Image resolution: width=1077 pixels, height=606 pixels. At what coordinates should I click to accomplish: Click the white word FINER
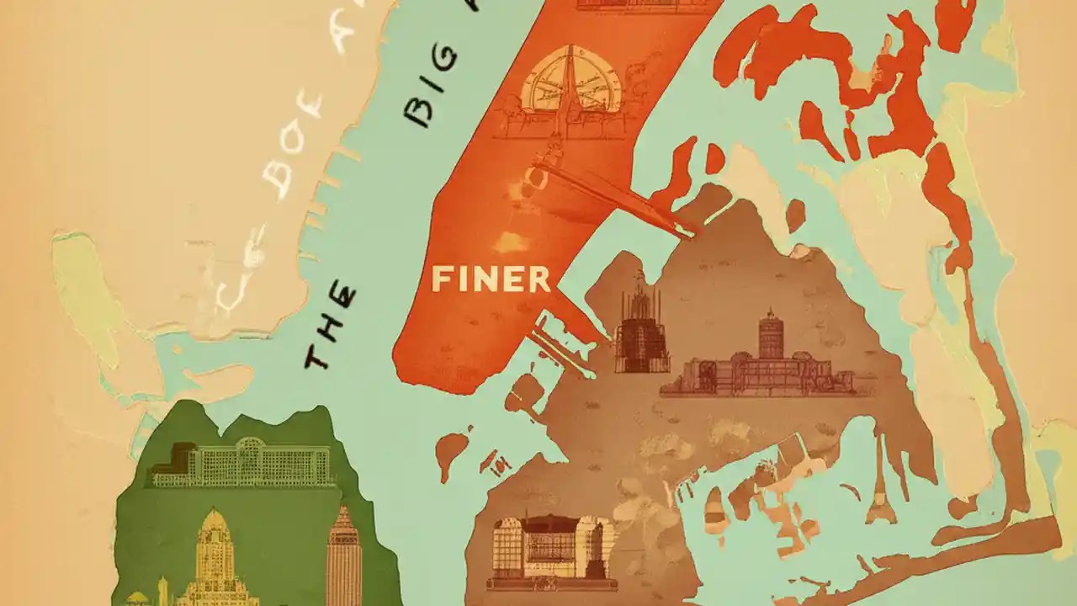491,279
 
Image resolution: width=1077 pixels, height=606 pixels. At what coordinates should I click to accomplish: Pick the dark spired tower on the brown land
642,332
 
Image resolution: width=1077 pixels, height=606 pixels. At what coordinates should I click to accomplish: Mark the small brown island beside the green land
454,450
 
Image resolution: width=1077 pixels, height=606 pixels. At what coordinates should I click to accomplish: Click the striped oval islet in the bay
714,506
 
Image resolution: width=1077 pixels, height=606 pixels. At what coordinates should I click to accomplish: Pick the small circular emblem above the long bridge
535,176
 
